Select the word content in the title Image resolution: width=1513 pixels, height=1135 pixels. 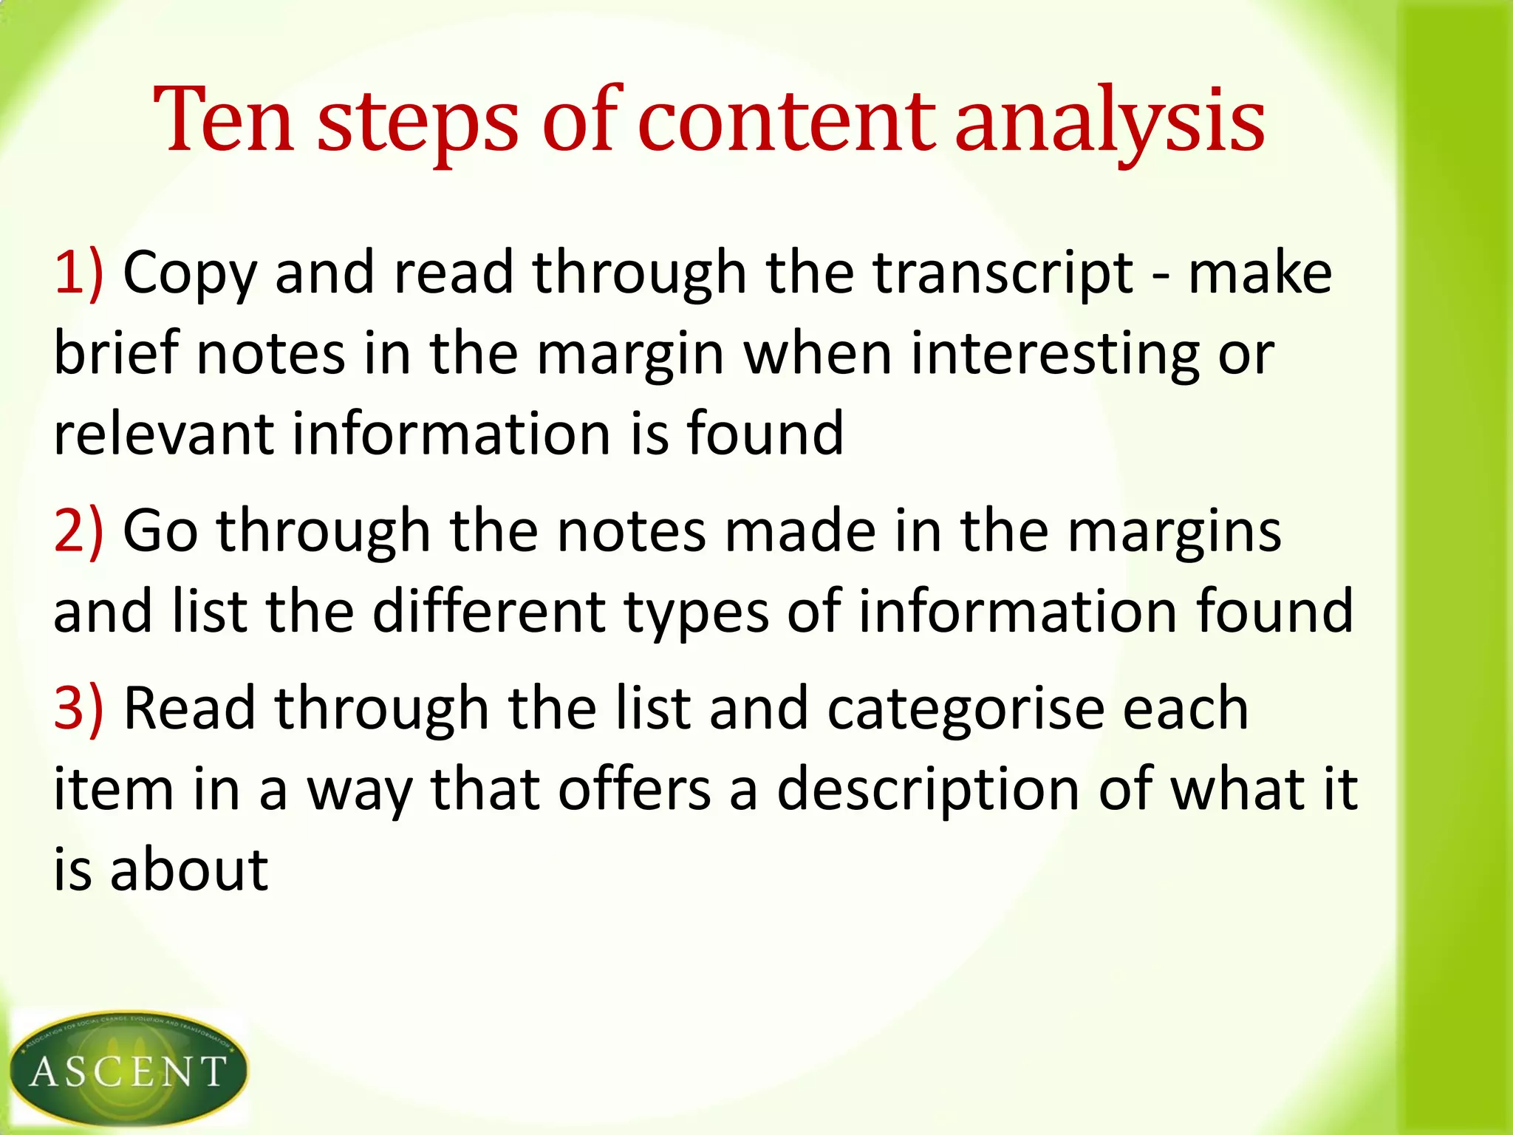(x=787, y=121)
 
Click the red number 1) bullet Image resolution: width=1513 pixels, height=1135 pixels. (x=78, y=273)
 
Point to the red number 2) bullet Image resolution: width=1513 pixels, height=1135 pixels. (x=78, y=531)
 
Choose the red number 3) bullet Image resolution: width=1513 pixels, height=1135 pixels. (x=78, y=709)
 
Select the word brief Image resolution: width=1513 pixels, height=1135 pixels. (x=117, y=353)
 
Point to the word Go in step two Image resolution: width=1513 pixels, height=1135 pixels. (x=160, y=531)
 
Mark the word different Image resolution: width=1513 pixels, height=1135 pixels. (x=488, y=611)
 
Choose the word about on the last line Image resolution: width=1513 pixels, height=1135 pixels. (x=189, y=870)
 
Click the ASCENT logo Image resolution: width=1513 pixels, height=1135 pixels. (x=129, y=1068)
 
